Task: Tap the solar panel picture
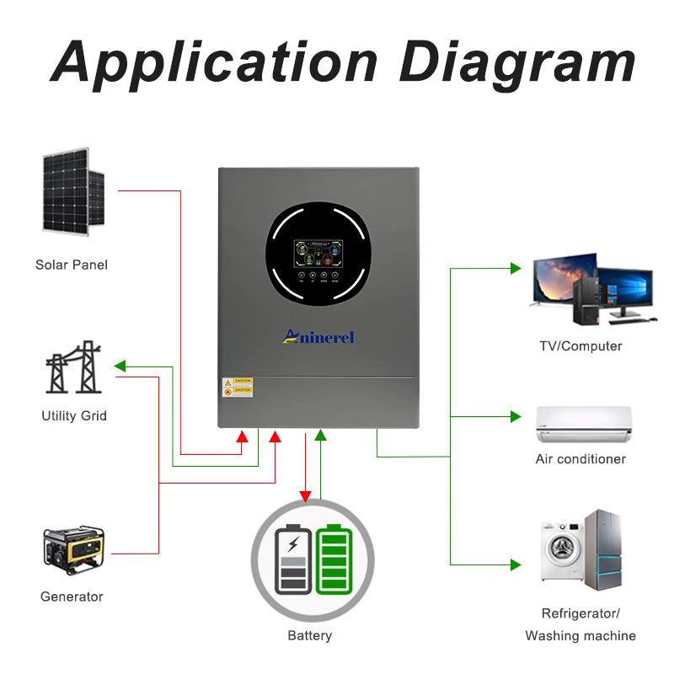(x=73, y=192)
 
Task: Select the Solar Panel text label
(x=72, y=265)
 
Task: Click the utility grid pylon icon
(x=74, y=367)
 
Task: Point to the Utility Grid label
(x=74, y=415)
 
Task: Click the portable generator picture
(x=73, y=549)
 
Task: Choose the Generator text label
(x=72, y=596)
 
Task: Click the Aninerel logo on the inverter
(x=318, y=337)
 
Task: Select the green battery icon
(x=335, y=559)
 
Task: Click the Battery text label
(x=309, y=635)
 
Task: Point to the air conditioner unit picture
(x=583, y=424)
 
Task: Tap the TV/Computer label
(x=580, y=346)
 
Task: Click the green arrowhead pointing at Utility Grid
(x=120, y=366)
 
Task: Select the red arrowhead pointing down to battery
(x=305, y=495)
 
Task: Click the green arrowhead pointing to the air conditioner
(x=516, y=416)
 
